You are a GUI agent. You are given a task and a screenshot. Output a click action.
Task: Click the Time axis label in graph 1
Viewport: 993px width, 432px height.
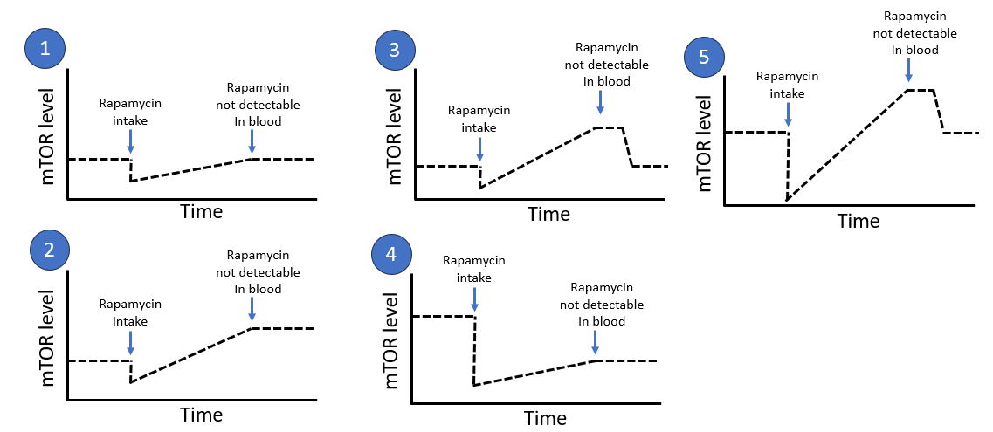coord(201,211)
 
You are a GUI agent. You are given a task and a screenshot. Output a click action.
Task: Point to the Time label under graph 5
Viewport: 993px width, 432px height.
coord(858,221)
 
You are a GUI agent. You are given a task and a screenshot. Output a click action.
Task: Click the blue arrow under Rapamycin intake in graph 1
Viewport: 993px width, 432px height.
coord(130,140)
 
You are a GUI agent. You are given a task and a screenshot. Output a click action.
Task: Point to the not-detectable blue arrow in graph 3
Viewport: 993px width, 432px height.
coord(600,102)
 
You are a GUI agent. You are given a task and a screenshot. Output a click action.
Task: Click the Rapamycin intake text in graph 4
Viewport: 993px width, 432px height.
coord(474,269)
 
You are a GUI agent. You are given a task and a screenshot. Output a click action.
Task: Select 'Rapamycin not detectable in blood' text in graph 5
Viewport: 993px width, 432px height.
coord(914,33)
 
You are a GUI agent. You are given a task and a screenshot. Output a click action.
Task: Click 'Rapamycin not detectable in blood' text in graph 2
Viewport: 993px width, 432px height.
coord(263,271)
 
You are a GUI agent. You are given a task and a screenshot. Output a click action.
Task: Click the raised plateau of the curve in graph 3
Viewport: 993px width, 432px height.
coord(609,127)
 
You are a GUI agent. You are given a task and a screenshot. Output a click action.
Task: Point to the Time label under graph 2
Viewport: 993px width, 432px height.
coord(201,414)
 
